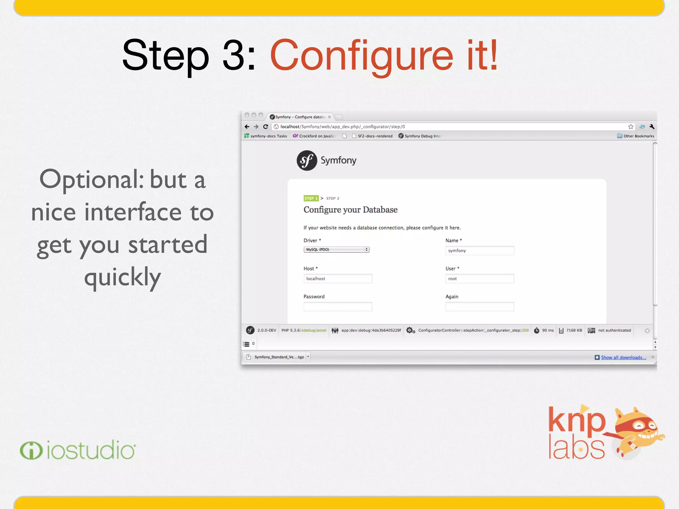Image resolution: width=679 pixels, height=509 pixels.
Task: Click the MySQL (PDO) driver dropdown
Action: (336, 250)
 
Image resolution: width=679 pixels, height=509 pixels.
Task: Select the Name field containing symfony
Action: (479, 251)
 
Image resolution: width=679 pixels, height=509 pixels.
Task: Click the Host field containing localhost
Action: (338, 279)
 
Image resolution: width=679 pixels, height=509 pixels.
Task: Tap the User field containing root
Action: (479, 279)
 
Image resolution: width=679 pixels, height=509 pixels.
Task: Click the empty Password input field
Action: (338, 307)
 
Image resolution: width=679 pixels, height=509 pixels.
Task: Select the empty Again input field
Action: (479, 307)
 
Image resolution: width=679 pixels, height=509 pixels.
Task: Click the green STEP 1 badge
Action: (311, 198)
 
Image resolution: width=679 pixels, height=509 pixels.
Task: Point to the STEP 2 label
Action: (333, 198)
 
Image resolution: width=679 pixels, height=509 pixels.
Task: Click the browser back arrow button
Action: (247, 127)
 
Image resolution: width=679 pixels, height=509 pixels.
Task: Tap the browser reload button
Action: (266, 127)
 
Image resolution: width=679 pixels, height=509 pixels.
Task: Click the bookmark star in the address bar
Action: (631, 127)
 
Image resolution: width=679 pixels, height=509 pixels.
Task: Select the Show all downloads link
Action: (623, 357)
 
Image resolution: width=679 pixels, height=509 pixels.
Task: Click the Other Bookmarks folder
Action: (636, 136)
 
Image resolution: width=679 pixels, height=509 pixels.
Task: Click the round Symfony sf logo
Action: (307, 161)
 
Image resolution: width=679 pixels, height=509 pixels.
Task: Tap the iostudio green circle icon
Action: (31, 451)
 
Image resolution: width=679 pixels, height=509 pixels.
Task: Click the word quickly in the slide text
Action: (123, 277)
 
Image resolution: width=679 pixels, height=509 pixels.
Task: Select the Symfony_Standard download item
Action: (278, 357)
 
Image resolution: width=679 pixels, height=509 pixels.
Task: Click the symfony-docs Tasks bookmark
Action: (266, 136)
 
